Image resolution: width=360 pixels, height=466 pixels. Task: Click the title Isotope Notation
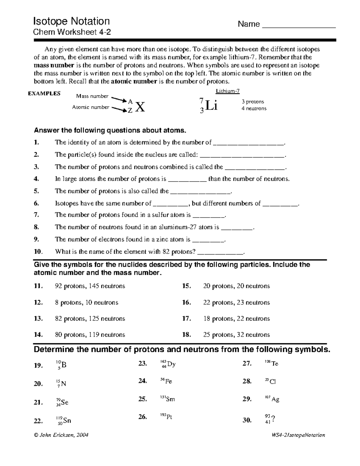pos(71,21)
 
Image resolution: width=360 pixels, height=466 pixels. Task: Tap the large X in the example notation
pos(140,107)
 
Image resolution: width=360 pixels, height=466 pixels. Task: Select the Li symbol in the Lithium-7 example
pos(212,106)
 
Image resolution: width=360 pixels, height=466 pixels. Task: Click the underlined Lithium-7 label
pos(228,91)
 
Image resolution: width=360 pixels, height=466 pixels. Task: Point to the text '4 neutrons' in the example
pos(254,109)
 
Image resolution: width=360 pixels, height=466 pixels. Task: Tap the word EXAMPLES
pos(44,94)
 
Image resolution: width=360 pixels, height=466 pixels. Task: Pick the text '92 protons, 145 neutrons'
pos(90,286)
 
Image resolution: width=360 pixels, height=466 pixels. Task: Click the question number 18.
pos(186,335)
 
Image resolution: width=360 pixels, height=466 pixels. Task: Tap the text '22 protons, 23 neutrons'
pos(236,303)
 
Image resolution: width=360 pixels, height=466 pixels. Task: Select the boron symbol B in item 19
pos(64,365)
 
